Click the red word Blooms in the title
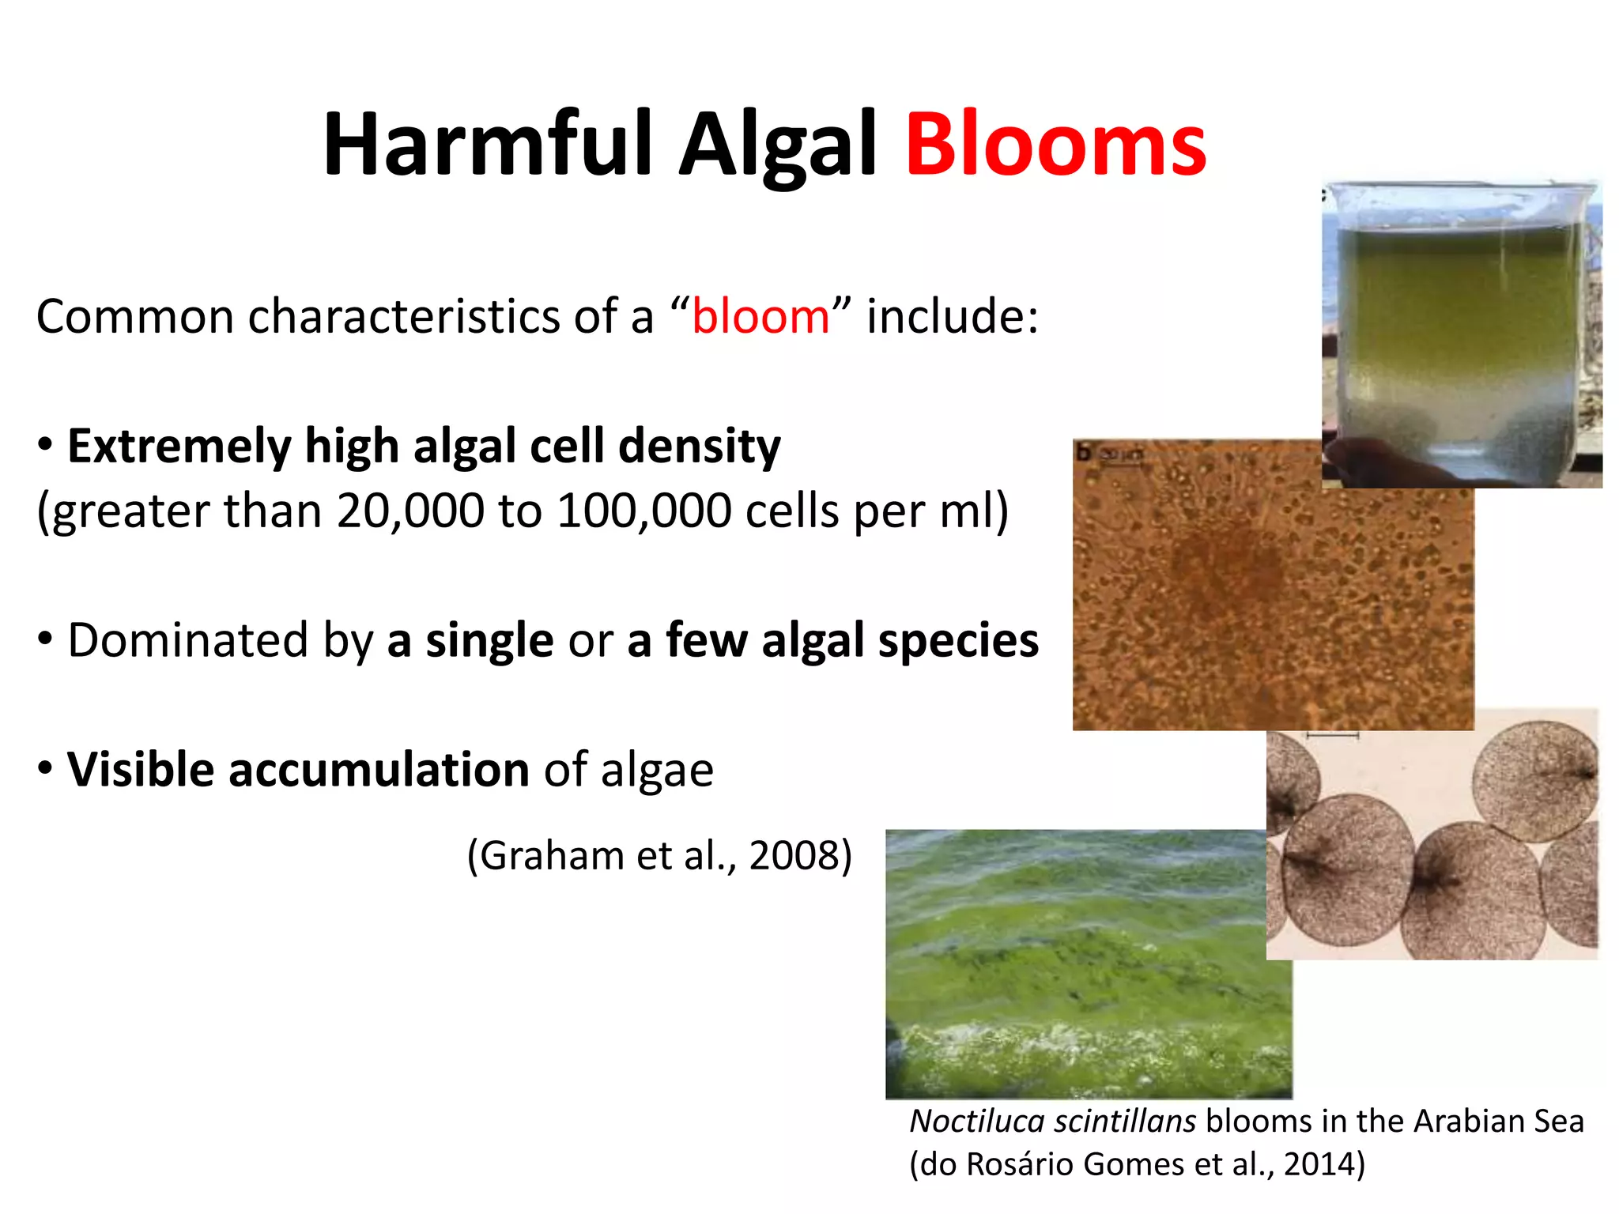(x=1055, y=145)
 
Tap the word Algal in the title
(x=778, y=145)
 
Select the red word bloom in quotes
(x=760, y=318)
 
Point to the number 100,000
(x=643, y=511)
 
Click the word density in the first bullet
(x=699, y=447)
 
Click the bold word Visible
(x=140, y=770)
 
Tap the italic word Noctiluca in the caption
(x=973, y=1122)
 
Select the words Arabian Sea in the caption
(x=1498, y=1122)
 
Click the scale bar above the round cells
(x=1332, y=736)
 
